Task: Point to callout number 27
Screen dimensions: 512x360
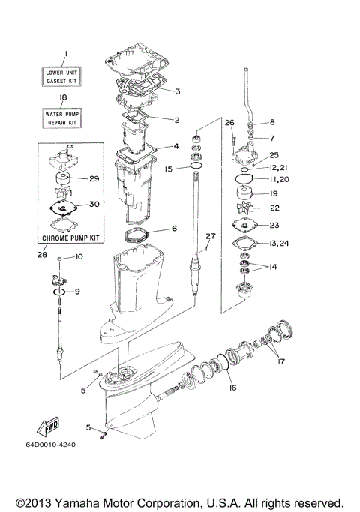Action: coord(211,236)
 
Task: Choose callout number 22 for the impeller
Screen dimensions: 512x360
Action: coord(275,208)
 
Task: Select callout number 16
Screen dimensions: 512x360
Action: coord(232,388)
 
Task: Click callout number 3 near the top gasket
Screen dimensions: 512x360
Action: coord(177,92)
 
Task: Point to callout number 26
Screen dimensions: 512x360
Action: coord(229,122)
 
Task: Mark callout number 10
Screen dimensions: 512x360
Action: coord(79,257)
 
